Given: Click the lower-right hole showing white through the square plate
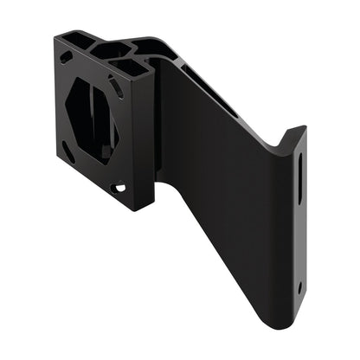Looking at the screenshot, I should pos(119,186).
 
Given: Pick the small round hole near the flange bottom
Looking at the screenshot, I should pos(299,286).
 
